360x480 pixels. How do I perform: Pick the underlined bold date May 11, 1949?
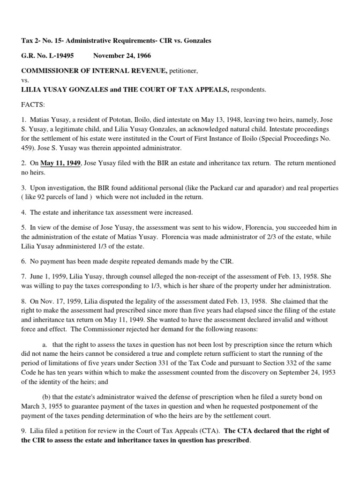point(61,163)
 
